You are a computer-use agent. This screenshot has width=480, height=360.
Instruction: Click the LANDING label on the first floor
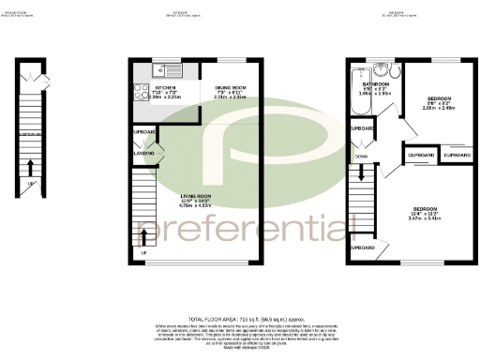143,153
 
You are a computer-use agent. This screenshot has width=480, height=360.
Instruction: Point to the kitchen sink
164,67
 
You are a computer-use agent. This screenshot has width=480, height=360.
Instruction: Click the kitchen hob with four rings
138,92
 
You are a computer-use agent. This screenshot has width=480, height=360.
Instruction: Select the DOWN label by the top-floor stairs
361,156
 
